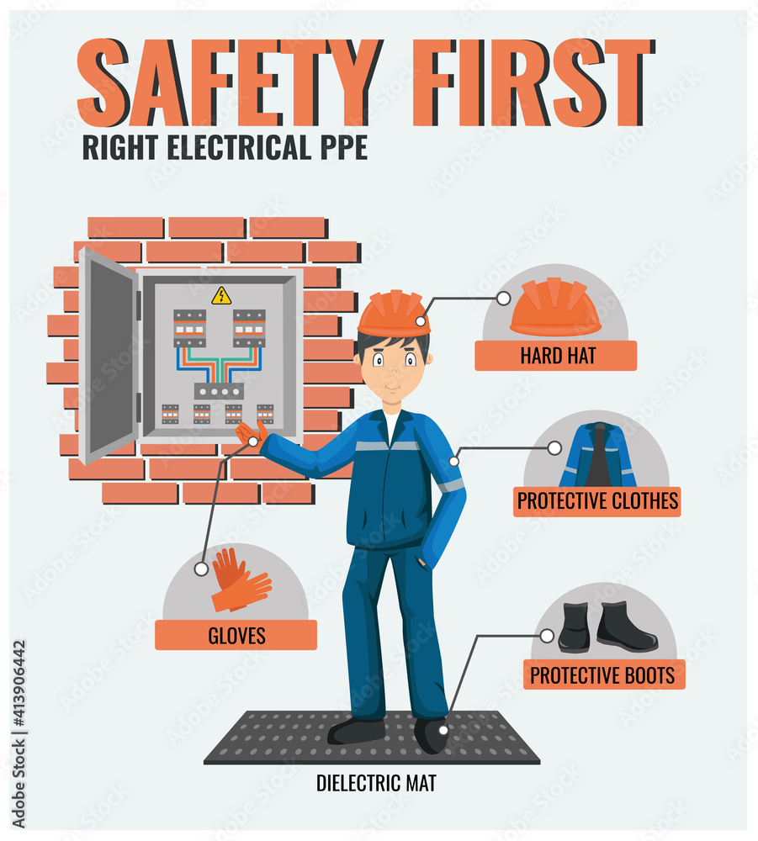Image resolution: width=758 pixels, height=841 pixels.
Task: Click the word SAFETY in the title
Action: (227, 82)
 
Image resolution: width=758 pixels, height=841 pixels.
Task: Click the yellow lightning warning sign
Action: (221, 295)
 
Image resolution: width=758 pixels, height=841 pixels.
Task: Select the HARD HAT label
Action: (556, 356)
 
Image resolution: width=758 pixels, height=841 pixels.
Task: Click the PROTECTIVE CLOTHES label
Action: (597, 502)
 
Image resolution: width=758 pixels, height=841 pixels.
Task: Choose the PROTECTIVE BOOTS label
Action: (602, 674)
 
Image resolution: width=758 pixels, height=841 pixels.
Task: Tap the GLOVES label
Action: (236, 636)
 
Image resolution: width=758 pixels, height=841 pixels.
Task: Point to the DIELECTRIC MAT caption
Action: (376, 783)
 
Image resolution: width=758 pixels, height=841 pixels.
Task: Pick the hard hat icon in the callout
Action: (555, 307)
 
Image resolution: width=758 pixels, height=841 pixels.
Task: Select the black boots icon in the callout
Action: (607, 627)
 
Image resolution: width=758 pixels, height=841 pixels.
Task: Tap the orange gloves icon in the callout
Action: (239, 580)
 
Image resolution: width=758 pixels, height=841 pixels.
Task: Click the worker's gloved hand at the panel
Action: (251, 434)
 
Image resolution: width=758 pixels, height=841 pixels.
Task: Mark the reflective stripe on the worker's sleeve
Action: (451, 485)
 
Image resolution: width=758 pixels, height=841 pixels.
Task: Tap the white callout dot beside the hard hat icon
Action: (503, 298)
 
